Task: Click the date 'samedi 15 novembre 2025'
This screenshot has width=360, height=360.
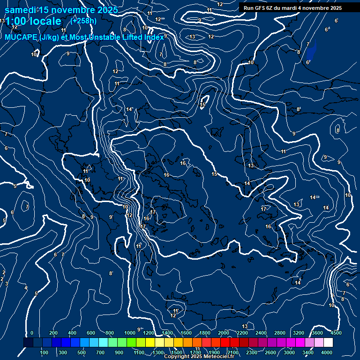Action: point(61,10)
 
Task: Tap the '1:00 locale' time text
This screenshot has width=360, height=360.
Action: point(33,21)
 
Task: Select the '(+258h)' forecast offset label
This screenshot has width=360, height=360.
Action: point(83,21)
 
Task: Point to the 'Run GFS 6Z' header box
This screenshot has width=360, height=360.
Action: point(292,8)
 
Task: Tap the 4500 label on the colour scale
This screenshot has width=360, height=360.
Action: point(336,333)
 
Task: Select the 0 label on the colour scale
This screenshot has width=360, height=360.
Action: point(32,333)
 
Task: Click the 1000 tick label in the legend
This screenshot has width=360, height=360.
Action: point(130,333)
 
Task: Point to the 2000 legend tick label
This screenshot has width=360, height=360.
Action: point(224,333)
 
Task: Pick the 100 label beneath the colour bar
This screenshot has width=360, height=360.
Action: point(44,352)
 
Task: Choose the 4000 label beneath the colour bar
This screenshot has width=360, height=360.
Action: point(327,352)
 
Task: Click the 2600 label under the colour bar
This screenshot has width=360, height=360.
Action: point(270,352)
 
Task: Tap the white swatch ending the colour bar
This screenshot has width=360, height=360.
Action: point(328,343)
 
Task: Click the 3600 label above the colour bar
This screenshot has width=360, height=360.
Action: point(317,333)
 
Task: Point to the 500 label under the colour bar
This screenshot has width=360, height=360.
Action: point(82,352)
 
